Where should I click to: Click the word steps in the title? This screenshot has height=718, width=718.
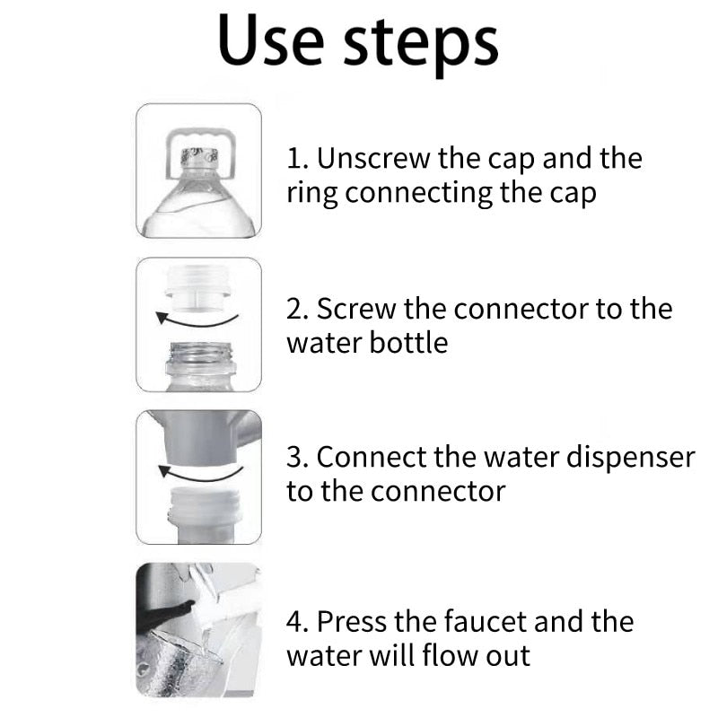coord(421,46)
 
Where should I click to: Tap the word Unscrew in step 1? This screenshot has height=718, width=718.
coord(373,159)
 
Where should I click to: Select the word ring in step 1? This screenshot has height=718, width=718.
coord(311,194)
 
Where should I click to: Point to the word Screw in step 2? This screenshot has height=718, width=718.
coord(355,309)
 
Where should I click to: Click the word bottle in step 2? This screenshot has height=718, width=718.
coord(408,343)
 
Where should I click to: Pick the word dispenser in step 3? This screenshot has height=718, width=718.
coord(631,458)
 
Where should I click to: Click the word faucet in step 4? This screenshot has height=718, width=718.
coord(485,621)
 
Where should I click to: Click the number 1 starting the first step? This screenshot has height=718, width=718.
coord(294,159)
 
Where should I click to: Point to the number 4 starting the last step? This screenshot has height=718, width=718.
coord(294,622)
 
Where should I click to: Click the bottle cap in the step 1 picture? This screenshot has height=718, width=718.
coord(199,156)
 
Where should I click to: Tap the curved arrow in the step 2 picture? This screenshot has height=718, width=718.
coord(197,320)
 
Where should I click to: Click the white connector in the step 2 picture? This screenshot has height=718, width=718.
coord(198,287)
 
